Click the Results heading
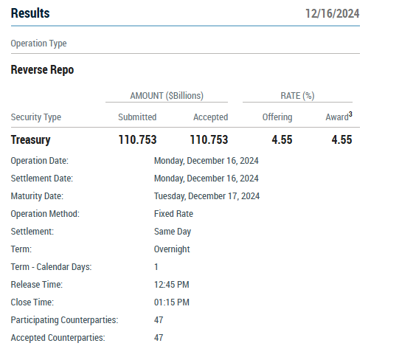click(x=30, y=13)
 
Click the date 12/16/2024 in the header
click(x=333, y=13)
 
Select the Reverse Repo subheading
click(x=42, y=70)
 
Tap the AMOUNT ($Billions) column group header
click(x=167, y=95)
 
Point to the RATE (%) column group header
click(x=297, y=95)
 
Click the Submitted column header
click(x=137, y=117)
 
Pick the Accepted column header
click(x=211, y=117)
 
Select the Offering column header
click(x=277, y=117)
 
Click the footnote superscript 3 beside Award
click(x=350, y=114)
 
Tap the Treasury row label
click(x=30, y=140)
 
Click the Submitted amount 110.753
click(x=137, y=140)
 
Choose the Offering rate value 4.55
click(x=282, y=140)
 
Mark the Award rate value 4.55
click(x=342, y=140)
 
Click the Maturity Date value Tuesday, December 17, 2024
click(x=207, y=196)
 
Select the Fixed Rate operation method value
click(x=173, y=214)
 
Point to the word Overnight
click(x=172, y=249)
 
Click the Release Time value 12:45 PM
click(x=172, y=285)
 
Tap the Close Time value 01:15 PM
click(x=172, y=302)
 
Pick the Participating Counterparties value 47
click(x=159, y=320)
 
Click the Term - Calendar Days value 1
click(x=156, y=267)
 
